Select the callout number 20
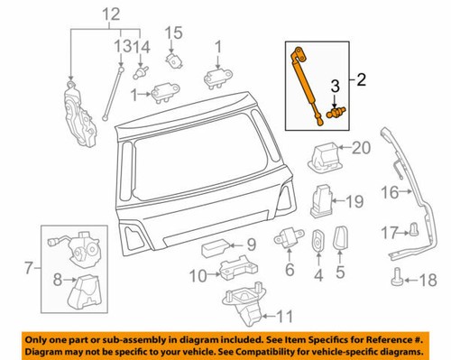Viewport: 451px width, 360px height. (361, 148)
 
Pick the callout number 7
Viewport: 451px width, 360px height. (31, 267)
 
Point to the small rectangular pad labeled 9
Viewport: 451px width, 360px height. (216, 244)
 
